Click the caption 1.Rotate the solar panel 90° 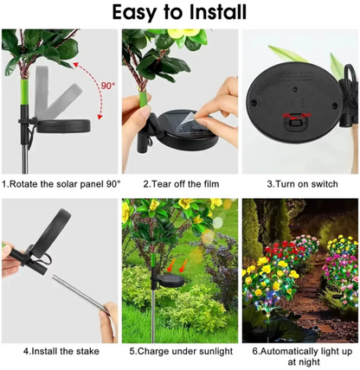click(61, 183)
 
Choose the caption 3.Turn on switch click(299, 183)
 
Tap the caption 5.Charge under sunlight click(180, 350)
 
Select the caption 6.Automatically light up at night click(299, 355)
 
